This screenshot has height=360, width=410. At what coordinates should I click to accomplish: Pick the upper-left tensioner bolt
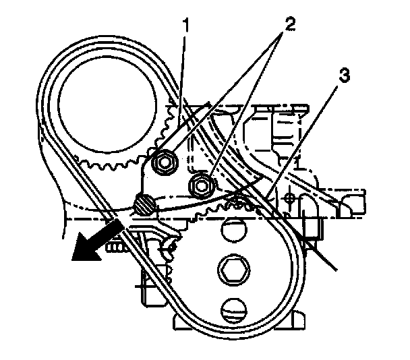click(x=165, y=162)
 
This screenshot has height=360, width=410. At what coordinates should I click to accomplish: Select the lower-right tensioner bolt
click(x=200, y=182)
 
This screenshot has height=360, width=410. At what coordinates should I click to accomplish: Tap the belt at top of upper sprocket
click(x=101, y=42)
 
